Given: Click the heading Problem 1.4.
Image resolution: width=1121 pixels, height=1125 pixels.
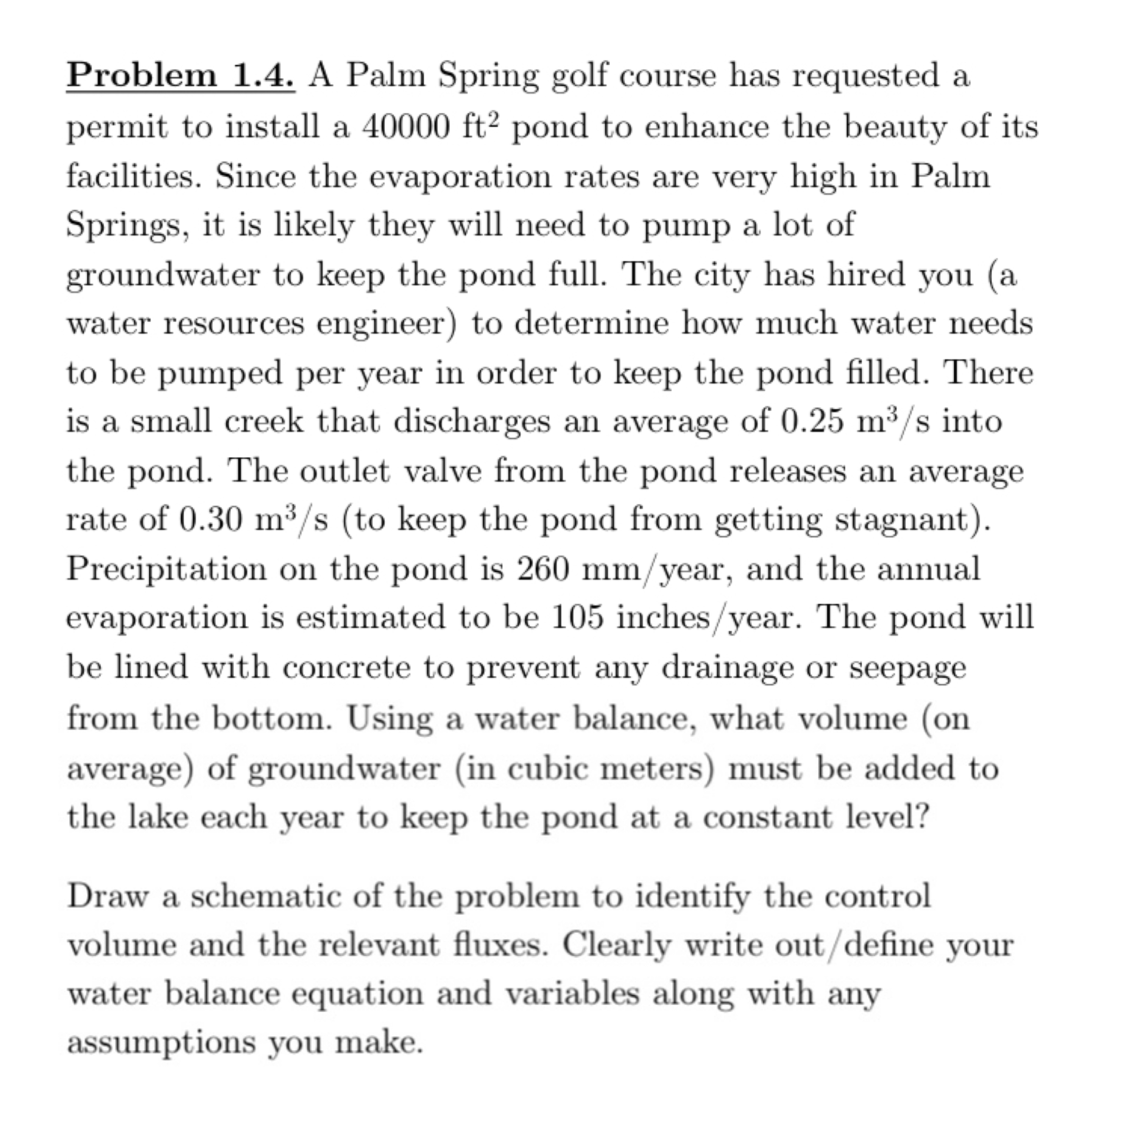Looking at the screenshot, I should tap(181, 76).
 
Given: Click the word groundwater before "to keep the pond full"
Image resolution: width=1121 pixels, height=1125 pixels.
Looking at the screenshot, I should tap(162, 276).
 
